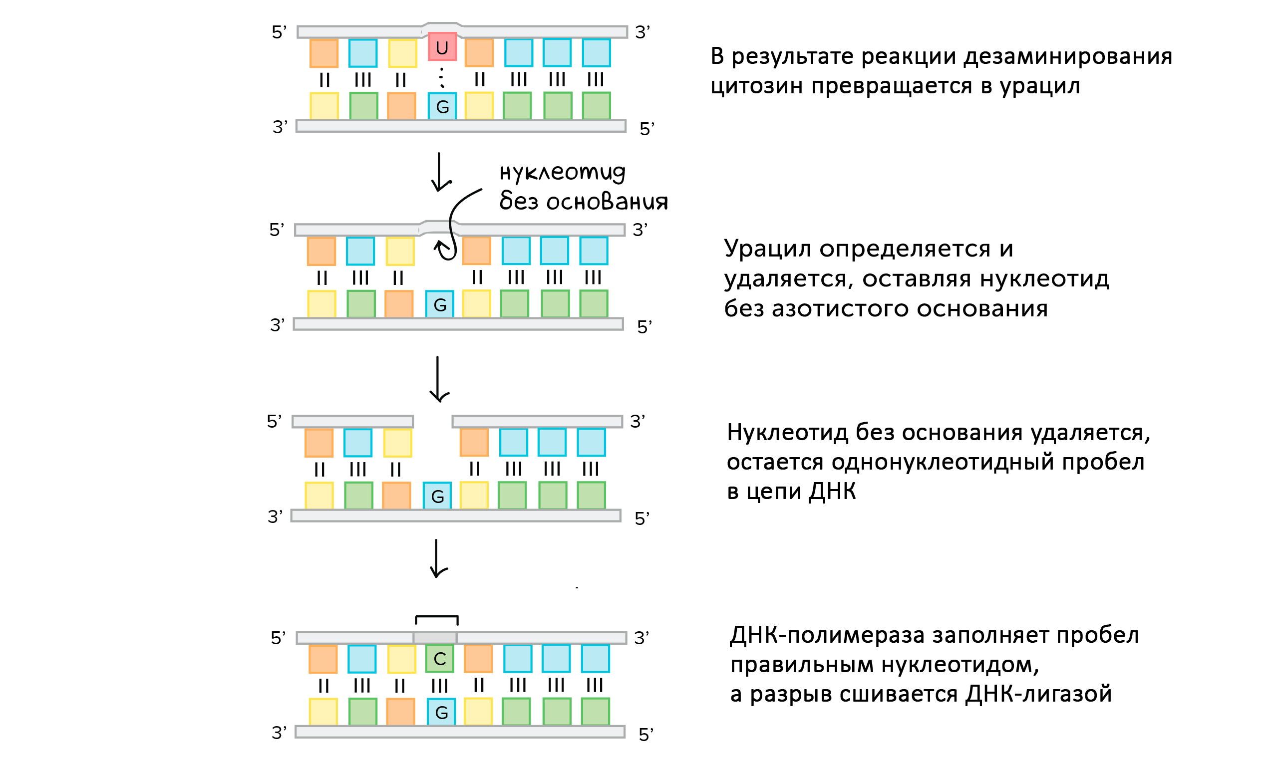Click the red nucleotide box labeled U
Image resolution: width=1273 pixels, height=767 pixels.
pos(442,46)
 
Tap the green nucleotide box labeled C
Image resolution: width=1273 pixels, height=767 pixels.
pos(440,659)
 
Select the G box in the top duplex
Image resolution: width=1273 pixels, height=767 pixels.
pos(442,106)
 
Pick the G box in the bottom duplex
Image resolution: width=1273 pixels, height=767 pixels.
pos(441,712)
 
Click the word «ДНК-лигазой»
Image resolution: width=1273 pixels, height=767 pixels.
pos(1038,694)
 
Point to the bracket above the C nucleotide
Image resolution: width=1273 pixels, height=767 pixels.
pos(436,620)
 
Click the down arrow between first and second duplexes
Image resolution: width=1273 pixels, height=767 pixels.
pos(440,172)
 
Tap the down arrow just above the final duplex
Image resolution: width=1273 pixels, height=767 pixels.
pos(438,559)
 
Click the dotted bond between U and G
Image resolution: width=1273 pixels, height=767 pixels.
pos(442,77)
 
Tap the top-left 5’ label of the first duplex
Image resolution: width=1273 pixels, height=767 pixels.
pos(279,32)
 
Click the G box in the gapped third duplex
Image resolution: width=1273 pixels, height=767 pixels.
pos(437,496)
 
